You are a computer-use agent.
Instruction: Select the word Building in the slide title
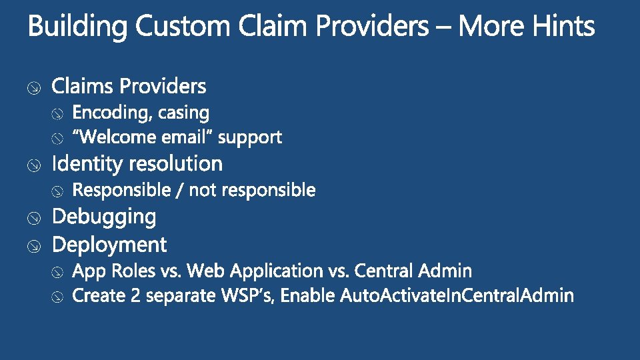(x=77, y=27)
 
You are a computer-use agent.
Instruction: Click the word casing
(x=183, y=113)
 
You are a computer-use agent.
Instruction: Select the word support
(x=250, y=137)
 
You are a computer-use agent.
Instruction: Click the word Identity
(x=87, y=163)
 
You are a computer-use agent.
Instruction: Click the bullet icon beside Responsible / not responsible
(x=58, y=191)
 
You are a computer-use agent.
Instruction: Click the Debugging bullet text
(x=104, y=217)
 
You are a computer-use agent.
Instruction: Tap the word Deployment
(x=109, y=245)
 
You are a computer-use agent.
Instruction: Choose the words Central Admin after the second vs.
(x=413, y=271)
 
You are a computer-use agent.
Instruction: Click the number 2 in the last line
(x=135, y=295)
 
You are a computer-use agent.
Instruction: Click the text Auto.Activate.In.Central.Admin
(x=457, y=295)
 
